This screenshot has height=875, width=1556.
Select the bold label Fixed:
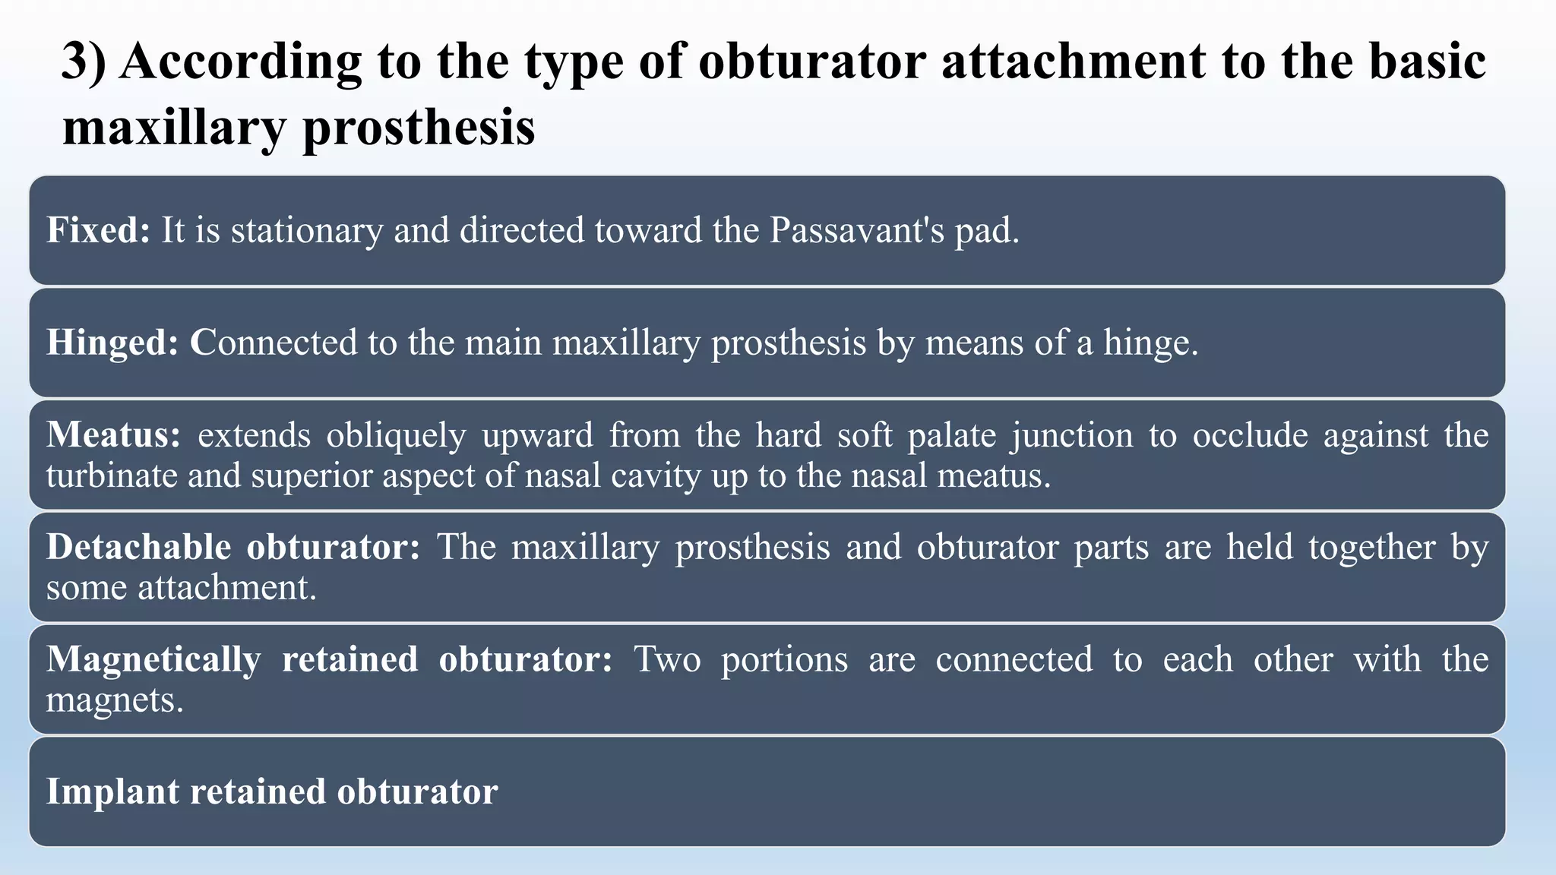coord(99,230)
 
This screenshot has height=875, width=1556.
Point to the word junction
coord(1072,435)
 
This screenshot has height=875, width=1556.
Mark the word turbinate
coord(111,476)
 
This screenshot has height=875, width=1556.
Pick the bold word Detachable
coord(138,547)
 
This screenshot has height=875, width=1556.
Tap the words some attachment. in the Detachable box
coord(181,588)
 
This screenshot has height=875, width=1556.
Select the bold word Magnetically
coord(153,659)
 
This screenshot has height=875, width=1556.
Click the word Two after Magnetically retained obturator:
coord(667,659)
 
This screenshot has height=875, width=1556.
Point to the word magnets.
coord(115,700)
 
